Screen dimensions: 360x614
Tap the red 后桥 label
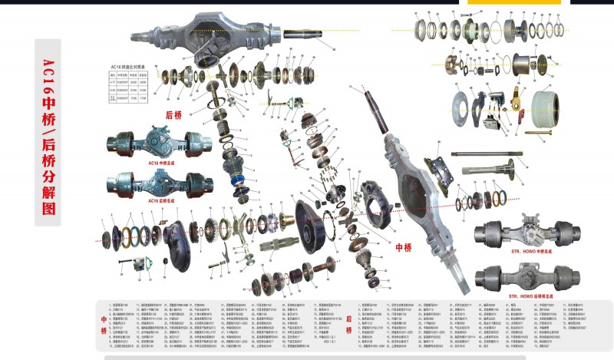[x=174, y=115]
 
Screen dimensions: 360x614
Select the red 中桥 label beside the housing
[x=404, y=248]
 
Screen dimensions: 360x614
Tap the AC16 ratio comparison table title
[x=132, y=67]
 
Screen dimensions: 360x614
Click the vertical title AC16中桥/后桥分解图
[x=48, y=130]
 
